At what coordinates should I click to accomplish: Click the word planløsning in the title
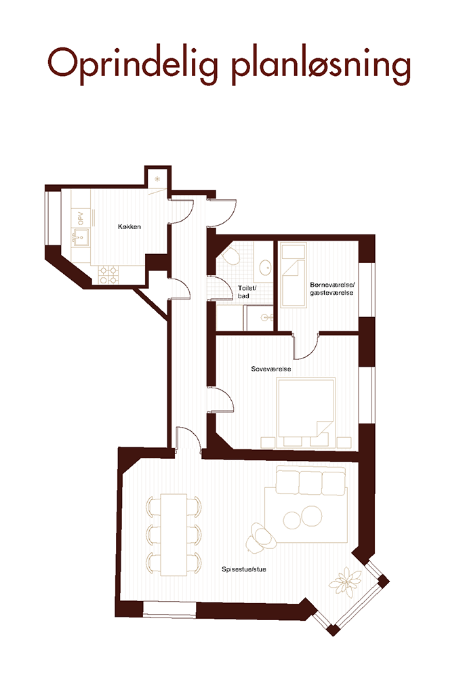tap(322, 66)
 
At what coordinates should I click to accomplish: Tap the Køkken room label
tap(129, 226)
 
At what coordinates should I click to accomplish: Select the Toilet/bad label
tap(247, 292)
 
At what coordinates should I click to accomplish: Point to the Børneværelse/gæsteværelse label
tap(331, 289)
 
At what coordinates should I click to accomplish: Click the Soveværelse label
tap(271, 369)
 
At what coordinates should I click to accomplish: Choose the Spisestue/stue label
tap(244, 569)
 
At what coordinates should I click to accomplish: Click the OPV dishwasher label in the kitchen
tap(81, 218)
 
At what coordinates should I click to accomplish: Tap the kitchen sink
tap(81, 237)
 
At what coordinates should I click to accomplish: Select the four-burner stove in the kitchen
tap(108, 274)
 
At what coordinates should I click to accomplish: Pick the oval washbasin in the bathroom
tap(264, 266)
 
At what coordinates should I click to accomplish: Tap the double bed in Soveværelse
tap(306, 407)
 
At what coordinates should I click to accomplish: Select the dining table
tap(174, 534)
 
